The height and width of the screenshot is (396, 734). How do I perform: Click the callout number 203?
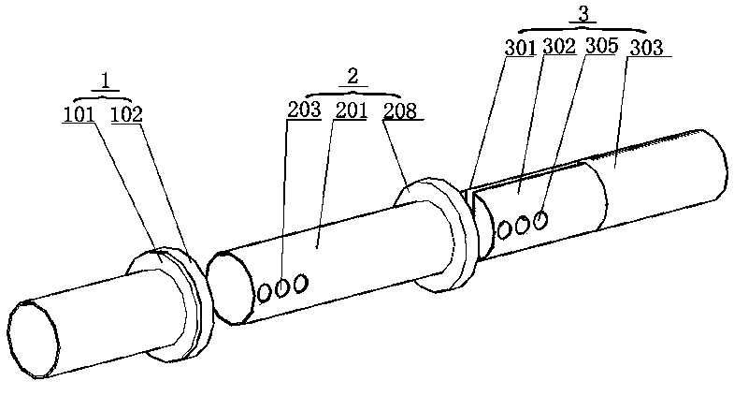304,109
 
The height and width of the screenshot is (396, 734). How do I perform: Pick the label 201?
351,109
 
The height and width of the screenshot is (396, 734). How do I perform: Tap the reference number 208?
402,109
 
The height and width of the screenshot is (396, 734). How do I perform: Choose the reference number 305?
601,46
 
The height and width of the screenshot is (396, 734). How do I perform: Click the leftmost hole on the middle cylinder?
266,293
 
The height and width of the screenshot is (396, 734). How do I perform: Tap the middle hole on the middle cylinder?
282,288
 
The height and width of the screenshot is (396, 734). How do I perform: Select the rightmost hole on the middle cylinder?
300,283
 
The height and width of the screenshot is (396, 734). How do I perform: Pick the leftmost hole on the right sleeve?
505,227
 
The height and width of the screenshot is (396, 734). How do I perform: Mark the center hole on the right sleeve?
523,224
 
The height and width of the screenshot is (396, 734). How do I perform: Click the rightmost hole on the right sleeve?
540,219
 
